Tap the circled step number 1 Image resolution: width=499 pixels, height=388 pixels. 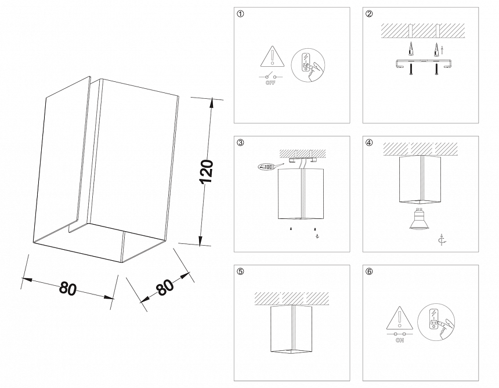pyautogui.click(x=240, y=14)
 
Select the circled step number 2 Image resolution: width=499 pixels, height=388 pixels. pyautogui.click(x=369, y=14)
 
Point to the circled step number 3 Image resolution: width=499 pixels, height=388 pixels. pyautogui.click(x=240, y=143)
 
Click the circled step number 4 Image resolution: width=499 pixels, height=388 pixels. pyautogui.click(x=369, y=143)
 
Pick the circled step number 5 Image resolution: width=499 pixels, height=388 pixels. pyautogui.click(x=240, y=271)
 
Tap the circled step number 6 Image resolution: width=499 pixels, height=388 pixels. pyautogui.click(x=369, y=271)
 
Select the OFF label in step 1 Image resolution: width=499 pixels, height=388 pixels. pyautogui.click(x=270, y=83)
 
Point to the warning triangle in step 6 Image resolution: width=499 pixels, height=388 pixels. pyautogui.click(x=399, y=319)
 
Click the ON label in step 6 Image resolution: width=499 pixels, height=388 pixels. pyautogui.click(x=399, y=342)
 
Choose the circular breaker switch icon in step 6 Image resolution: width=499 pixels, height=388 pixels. pyautogui.click(x=435, y=321)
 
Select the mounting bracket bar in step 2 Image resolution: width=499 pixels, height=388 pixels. pyautogui.click(x=422, y=62)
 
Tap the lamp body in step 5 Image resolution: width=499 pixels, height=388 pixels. pyautogui.click(x=293, y=329)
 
